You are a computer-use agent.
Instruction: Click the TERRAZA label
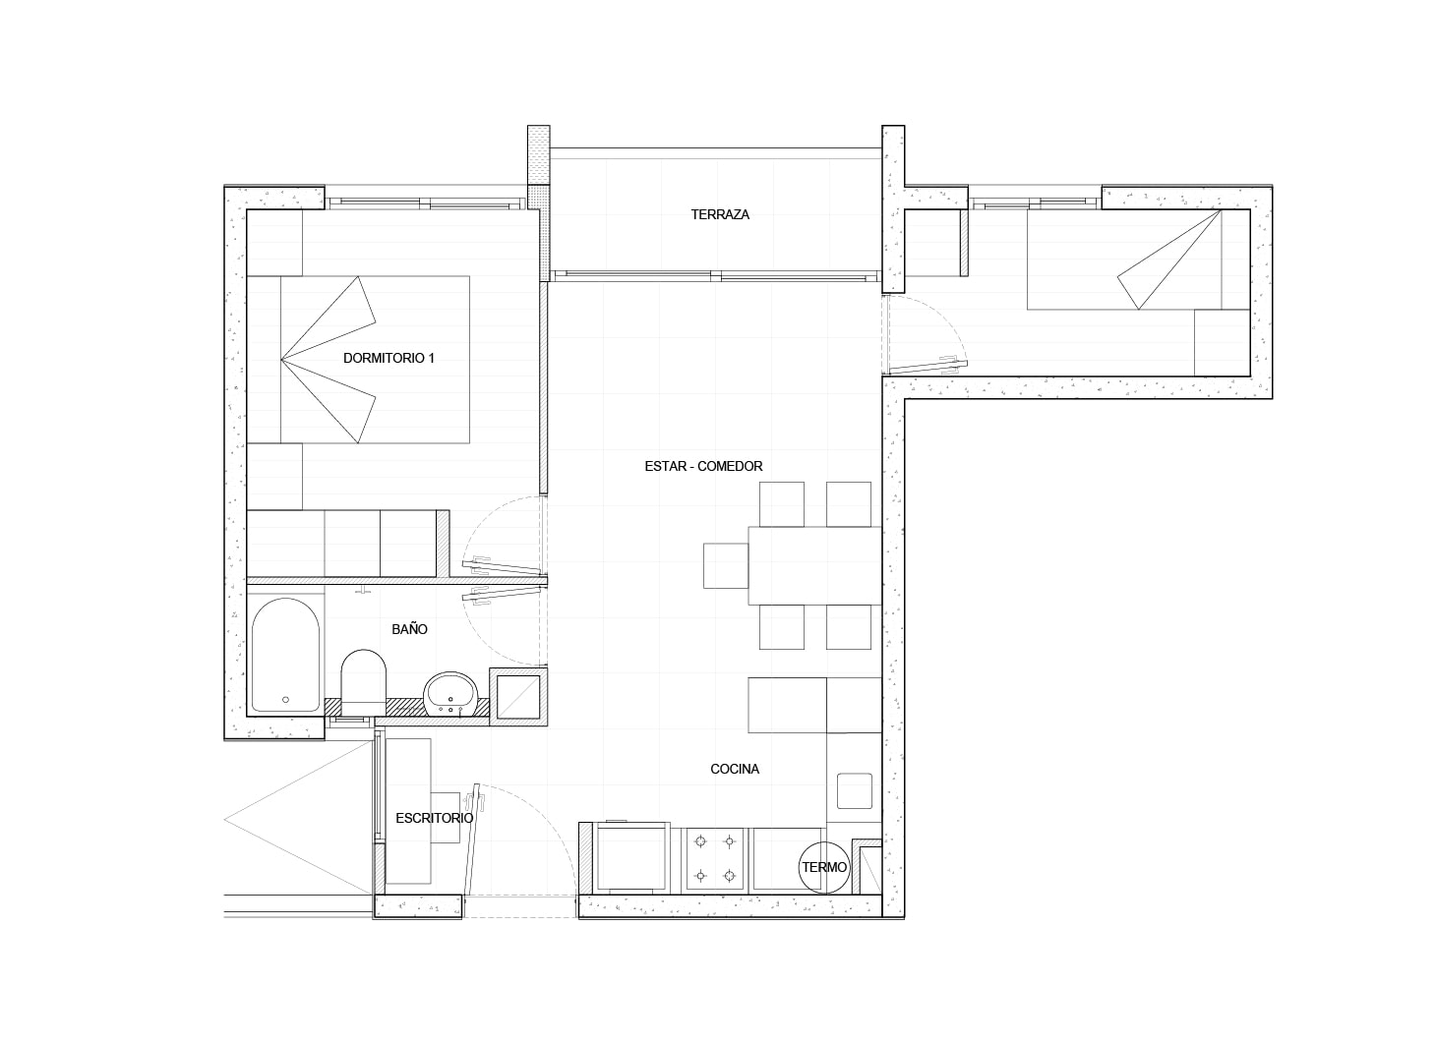[x=720, y=214]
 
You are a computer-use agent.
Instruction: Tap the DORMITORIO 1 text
[x=389, y=358]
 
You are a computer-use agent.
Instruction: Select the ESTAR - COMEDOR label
[x=703, y=467]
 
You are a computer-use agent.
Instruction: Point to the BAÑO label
[x=409, y=629]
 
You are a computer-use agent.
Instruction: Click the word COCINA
[x=735, y=769]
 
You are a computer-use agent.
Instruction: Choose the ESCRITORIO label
[x=434, y=818]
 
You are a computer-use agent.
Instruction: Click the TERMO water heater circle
[x=824, y=868]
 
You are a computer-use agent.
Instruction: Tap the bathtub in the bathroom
[x=285, y=655]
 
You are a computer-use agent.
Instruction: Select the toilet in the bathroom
[x=364, y=682]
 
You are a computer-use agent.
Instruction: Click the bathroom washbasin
[x=450, y=693]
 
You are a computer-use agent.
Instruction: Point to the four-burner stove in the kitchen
[x=715, y=858]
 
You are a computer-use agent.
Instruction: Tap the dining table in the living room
[x=814, y=565]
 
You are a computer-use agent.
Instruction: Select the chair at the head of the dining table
[x=726, y=566]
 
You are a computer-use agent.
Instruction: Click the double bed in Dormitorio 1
[x=358, y=360]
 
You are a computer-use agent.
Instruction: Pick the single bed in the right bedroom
[x=1124, y=260]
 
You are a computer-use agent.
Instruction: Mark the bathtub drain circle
[x=286, y=700]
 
